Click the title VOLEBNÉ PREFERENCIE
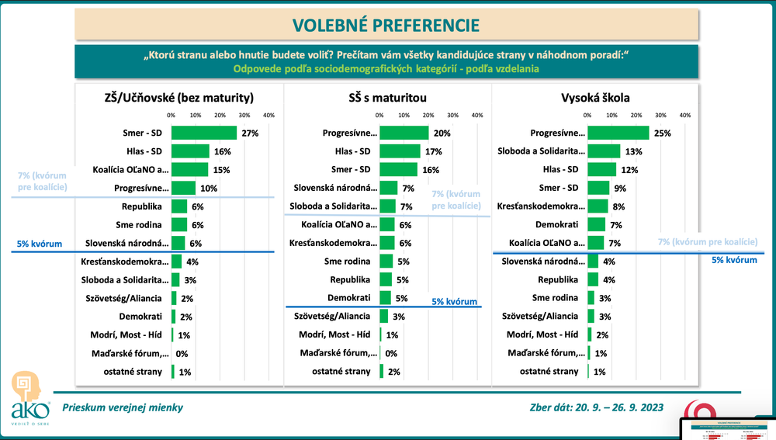[386, 24]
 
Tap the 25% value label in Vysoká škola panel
[663, 133]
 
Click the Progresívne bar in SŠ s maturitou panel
[404, 133]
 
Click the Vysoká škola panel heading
[595, 98]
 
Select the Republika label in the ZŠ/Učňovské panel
[141, 207]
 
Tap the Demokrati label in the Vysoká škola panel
[556, 224]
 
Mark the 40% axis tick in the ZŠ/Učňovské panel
[269, 116]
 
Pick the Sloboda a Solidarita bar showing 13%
[604, 151]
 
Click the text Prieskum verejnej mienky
[123, 407]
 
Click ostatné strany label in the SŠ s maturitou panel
[341, 371]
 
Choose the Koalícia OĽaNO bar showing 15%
[189, 169]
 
